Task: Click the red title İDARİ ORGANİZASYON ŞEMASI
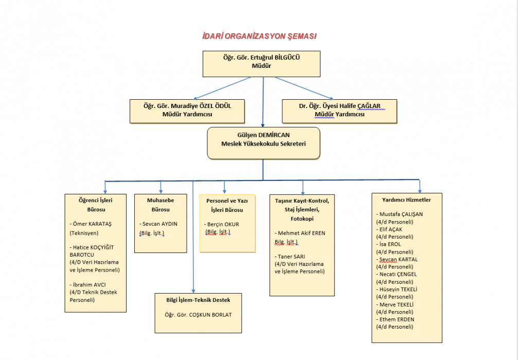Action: point(259,37)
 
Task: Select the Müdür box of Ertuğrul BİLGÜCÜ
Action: point(261,63)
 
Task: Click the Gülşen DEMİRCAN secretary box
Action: point(263,143)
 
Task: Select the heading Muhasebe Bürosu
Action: point(160,205)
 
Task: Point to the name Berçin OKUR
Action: point(224,224)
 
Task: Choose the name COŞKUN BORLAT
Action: point(210,314)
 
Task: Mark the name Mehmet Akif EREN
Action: point(302,233)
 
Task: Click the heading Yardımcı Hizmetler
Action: point(406,200)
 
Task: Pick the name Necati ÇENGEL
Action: point(397,274)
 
